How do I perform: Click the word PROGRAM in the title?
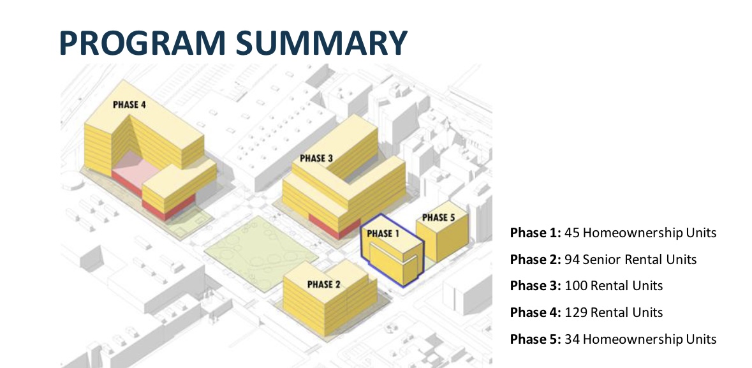(142, 43)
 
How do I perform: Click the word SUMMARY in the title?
(322, 43)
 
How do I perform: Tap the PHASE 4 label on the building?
(129, 105)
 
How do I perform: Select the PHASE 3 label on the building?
(316, 158)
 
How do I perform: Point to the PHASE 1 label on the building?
(383, 233)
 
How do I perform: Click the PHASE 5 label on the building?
(438, 218)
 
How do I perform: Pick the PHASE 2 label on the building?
(324, 284)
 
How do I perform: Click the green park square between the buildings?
(261, 253)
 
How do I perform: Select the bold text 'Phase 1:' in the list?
(535, 233)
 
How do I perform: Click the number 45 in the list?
(572, 233)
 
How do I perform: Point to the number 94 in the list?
(572, 260)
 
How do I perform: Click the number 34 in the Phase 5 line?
(572, 339)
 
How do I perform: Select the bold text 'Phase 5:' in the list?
(535, 339)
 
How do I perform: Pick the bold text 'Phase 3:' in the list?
(535, 286)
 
